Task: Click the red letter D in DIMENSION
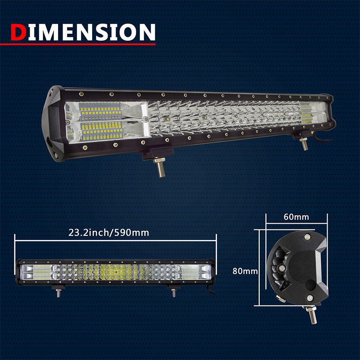click(18, 32)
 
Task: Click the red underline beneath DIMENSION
click(78, 44)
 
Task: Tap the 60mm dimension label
click(296, 217)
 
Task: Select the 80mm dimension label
click(245, 271)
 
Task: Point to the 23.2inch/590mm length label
click(108, 233)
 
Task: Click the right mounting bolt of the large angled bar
click(304, 144)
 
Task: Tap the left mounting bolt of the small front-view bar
click(58, 293)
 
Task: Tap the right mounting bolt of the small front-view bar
click(174, 293)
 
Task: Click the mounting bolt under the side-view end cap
click(312, 315)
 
